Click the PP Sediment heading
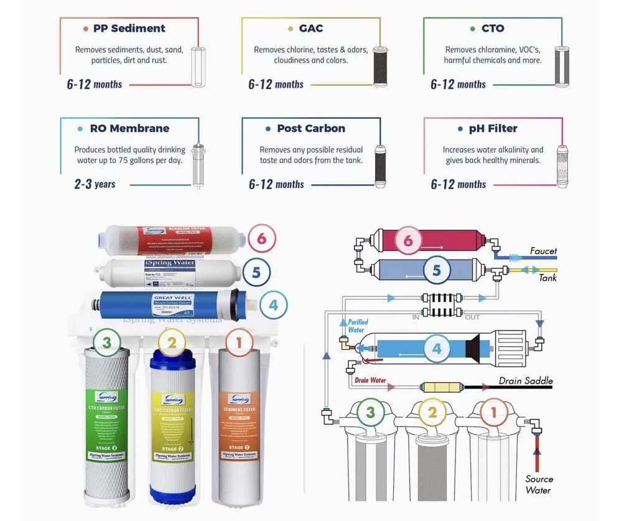(x=129, y=29)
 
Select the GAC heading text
(x=311, y=29)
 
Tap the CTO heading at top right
(x=493, y=29)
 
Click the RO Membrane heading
(x=129, y=129)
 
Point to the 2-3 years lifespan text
(x=95, y=184)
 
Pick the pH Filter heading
(x=493, y=129)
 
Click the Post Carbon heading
(x=311, y=129)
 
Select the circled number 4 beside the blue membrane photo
(x=273, y=306)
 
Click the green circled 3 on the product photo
(x=108, y=342)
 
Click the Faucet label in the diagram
(x=543, y=251)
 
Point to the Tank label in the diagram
(x=548, y=278)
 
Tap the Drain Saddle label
(x=526, y=381)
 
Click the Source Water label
(x=539, y=484)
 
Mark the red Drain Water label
(x=370, y=380)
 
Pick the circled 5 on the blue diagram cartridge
(x=437, y=271)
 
